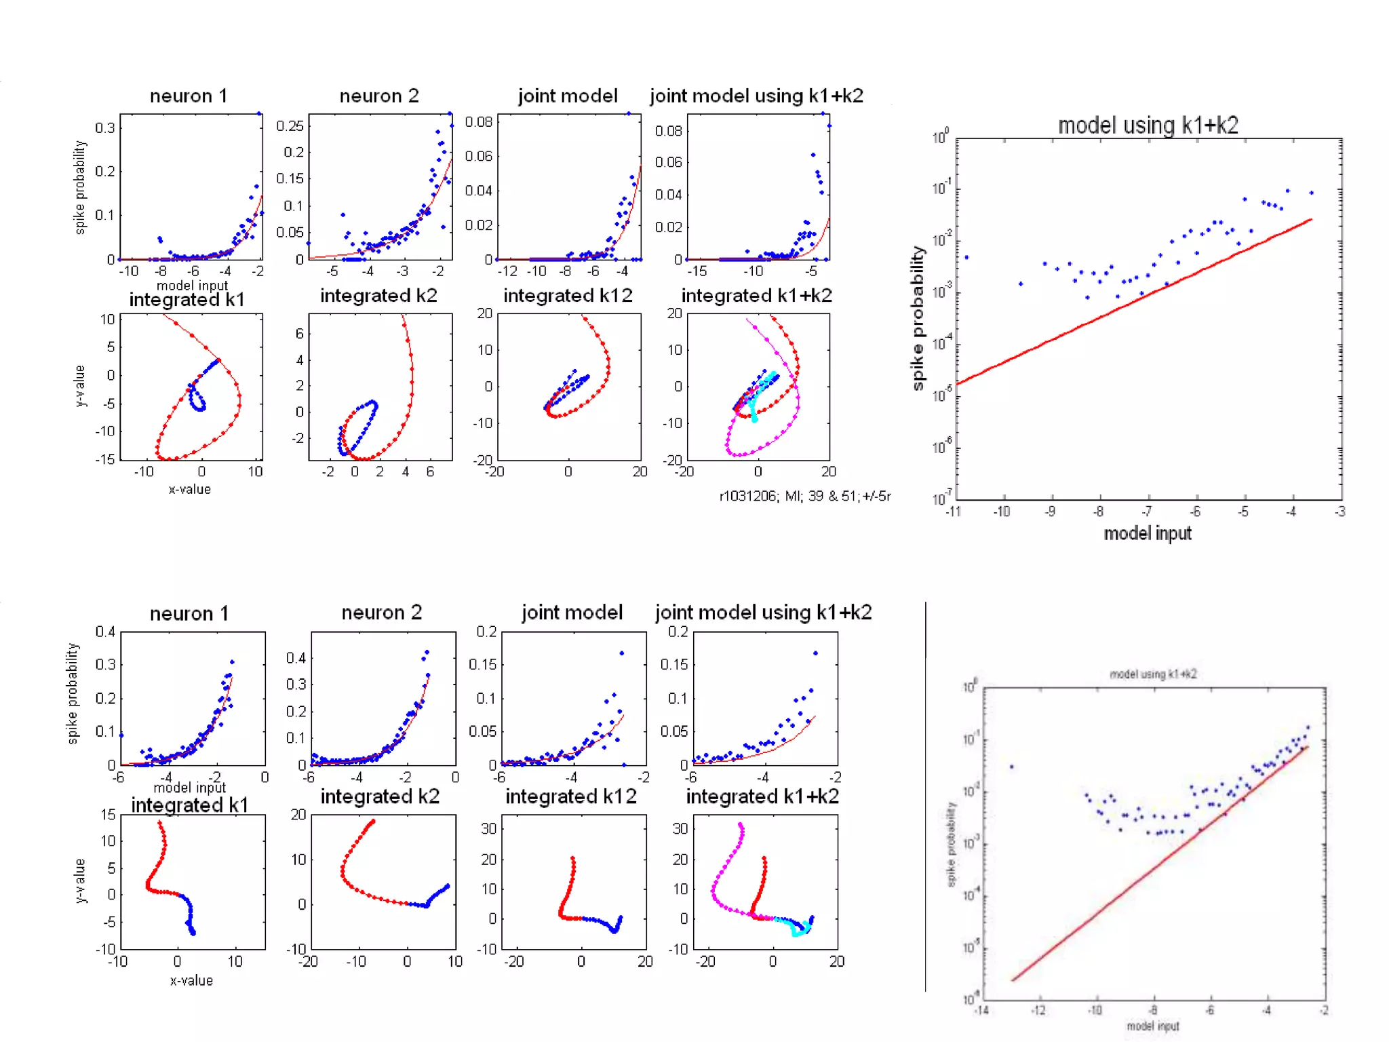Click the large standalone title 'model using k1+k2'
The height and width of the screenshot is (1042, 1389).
tap(1148, 126)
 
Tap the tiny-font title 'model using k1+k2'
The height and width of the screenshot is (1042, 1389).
tap(1153, 674)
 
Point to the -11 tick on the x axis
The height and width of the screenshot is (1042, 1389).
tap(954, 512)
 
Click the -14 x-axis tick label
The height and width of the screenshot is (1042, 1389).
tap(981, 1011)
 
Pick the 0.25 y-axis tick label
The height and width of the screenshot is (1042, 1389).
tap(290, 126)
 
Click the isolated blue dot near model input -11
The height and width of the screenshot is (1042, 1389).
tap(966, 257)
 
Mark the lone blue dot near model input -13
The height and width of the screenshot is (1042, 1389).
tap(1012, 767)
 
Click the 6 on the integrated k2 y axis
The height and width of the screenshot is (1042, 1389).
tap(299, 334)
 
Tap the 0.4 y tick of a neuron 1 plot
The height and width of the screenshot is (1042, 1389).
tap(105, 632)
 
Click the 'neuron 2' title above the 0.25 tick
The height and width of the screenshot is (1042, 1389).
tap(379, 96)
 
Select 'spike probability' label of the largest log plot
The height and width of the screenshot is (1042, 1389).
tap(918, 318)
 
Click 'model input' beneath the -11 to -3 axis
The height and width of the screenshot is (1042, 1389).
tap(1148, 534)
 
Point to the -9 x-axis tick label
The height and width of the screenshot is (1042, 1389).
tap(1050, 512)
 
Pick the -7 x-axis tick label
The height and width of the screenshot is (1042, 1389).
tap(1146, 512)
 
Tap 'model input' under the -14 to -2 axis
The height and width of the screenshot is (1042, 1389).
tap(1153, 1026)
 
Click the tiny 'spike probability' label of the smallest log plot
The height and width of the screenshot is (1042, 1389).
tap(951, 844)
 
